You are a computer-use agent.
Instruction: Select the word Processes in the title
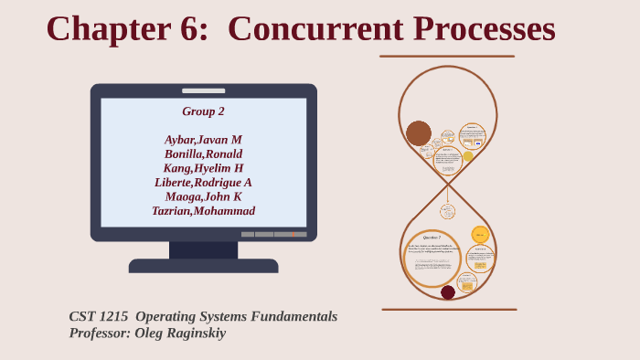(x=484, y=28)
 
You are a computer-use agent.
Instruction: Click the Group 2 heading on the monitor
(x=203, y=111)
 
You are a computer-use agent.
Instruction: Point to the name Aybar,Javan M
(x=203, y=140)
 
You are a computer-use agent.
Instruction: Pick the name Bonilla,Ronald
(x=203, y=154)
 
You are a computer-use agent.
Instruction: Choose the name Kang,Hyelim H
(x=203, y=168)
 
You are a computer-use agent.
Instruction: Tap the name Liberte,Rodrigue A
(x=203, y=183)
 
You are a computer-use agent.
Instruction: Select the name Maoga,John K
(x=203, y=196)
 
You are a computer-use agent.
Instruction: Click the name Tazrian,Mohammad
(x=203, y=211)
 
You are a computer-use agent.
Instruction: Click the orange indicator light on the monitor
(x=293, y=235)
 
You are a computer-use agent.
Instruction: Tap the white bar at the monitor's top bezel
(x=203, y=90)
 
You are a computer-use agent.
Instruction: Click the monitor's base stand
(x=203, y=265)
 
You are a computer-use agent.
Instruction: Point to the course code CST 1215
(x=99, y=316)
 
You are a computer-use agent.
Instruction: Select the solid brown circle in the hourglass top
(x=419, y=133)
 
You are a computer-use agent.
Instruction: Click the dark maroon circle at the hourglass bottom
(x=448, y=292)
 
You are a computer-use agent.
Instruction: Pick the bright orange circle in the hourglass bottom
(x=480, y=235)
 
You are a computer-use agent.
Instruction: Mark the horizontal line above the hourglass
(x=447, y=57)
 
